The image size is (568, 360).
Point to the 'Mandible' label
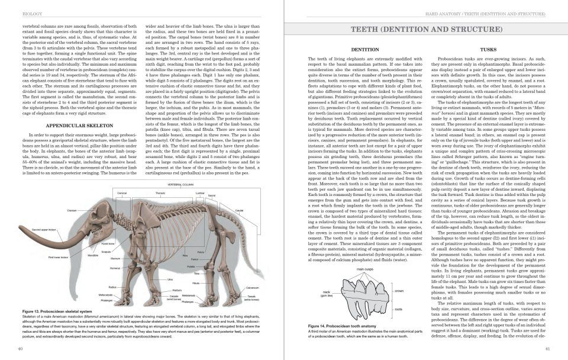click(x=93, y=255)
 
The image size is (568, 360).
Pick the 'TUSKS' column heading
click(x=488, y=50)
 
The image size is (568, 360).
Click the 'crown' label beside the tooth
click(x=399, y=291)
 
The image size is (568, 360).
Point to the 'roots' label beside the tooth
click(x=398, y=309)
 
